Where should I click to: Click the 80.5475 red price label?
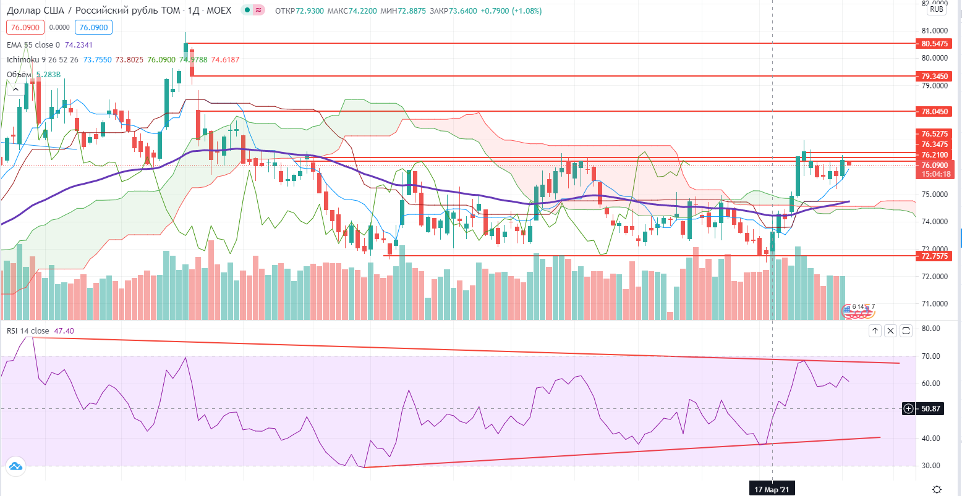click(x=934, y=44)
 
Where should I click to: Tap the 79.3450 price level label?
click(x=934, y=77)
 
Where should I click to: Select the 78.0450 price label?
click(x=934, y=112)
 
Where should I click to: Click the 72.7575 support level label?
click(x=934, y=256)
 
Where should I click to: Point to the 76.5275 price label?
click(x=934, y=133)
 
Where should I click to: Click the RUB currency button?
click(x=937, y=9)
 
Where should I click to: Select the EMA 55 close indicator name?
click(x=33, y=45)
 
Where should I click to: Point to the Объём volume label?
click(x=19, y=75)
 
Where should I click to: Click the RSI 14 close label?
click(x=28, y=331)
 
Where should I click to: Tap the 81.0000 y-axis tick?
click(x=935, y=31)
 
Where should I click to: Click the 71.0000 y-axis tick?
click(x=935, y=304)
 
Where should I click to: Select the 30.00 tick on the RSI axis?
click(x=930, y=466)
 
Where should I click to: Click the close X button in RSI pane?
click(x=890, y=331)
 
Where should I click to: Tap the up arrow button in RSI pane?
click(x=875, y=331)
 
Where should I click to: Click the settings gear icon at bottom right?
click(x=937, y=489)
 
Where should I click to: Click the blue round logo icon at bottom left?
click(x=15, y=467)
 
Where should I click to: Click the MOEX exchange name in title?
click(x=219, y=11)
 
